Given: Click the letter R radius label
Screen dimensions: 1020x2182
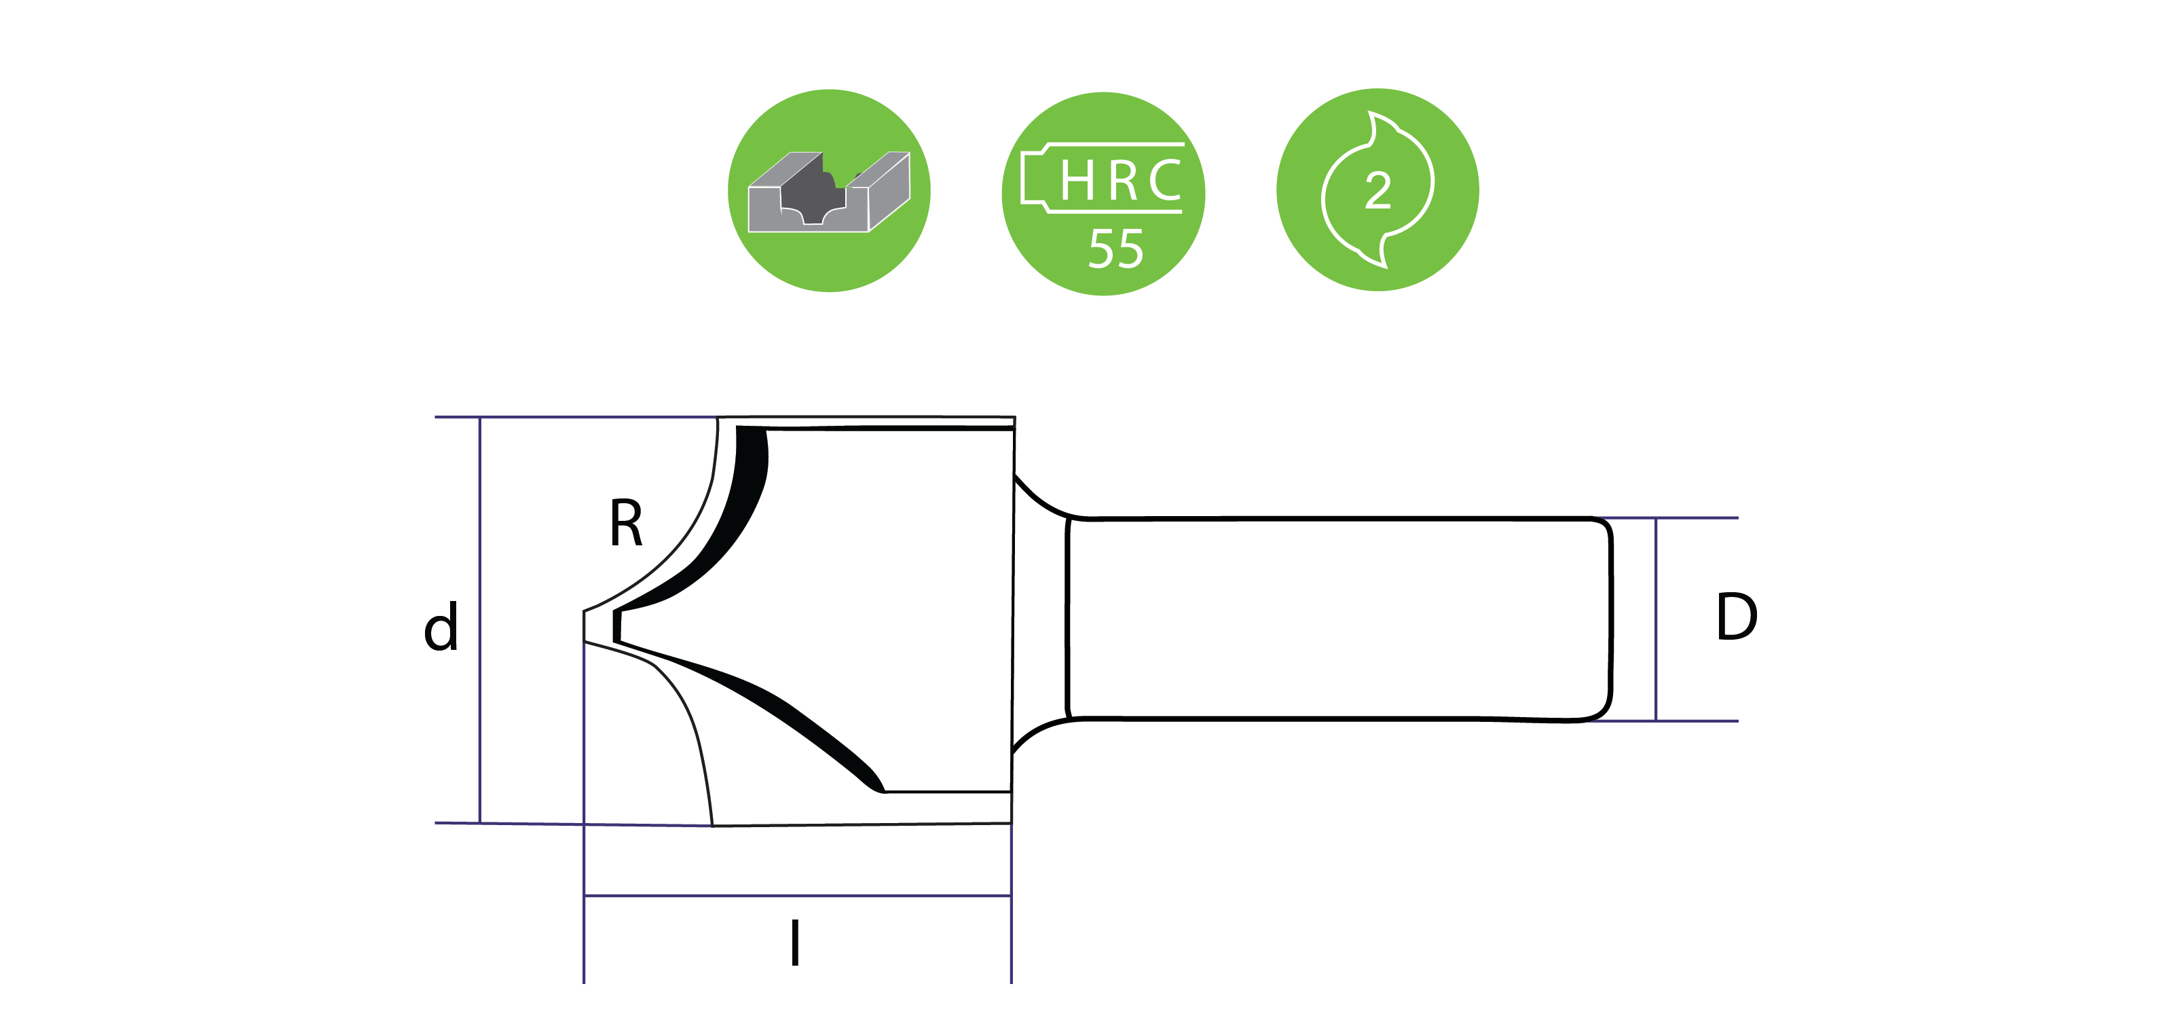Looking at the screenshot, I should point(626,524).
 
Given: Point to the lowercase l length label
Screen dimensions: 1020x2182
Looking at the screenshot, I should point(794,943).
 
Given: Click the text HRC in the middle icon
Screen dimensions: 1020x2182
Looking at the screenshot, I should point(1120,181).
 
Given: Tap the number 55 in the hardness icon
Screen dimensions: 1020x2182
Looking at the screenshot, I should point(1115,249).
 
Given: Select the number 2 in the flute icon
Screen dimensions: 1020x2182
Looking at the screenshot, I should point(1378,191).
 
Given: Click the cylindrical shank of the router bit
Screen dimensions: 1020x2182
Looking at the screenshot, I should point(1338,619).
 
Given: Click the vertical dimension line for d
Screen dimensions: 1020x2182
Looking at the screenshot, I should point(480,619).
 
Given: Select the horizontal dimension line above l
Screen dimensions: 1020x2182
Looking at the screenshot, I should point(796,896).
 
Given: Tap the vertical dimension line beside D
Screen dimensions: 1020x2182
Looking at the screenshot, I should point(1656,619).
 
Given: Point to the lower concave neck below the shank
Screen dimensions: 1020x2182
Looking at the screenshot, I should point(1037,733).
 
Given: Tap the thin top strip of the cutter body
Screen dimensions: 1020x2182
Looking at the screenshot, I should point(864,422).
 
